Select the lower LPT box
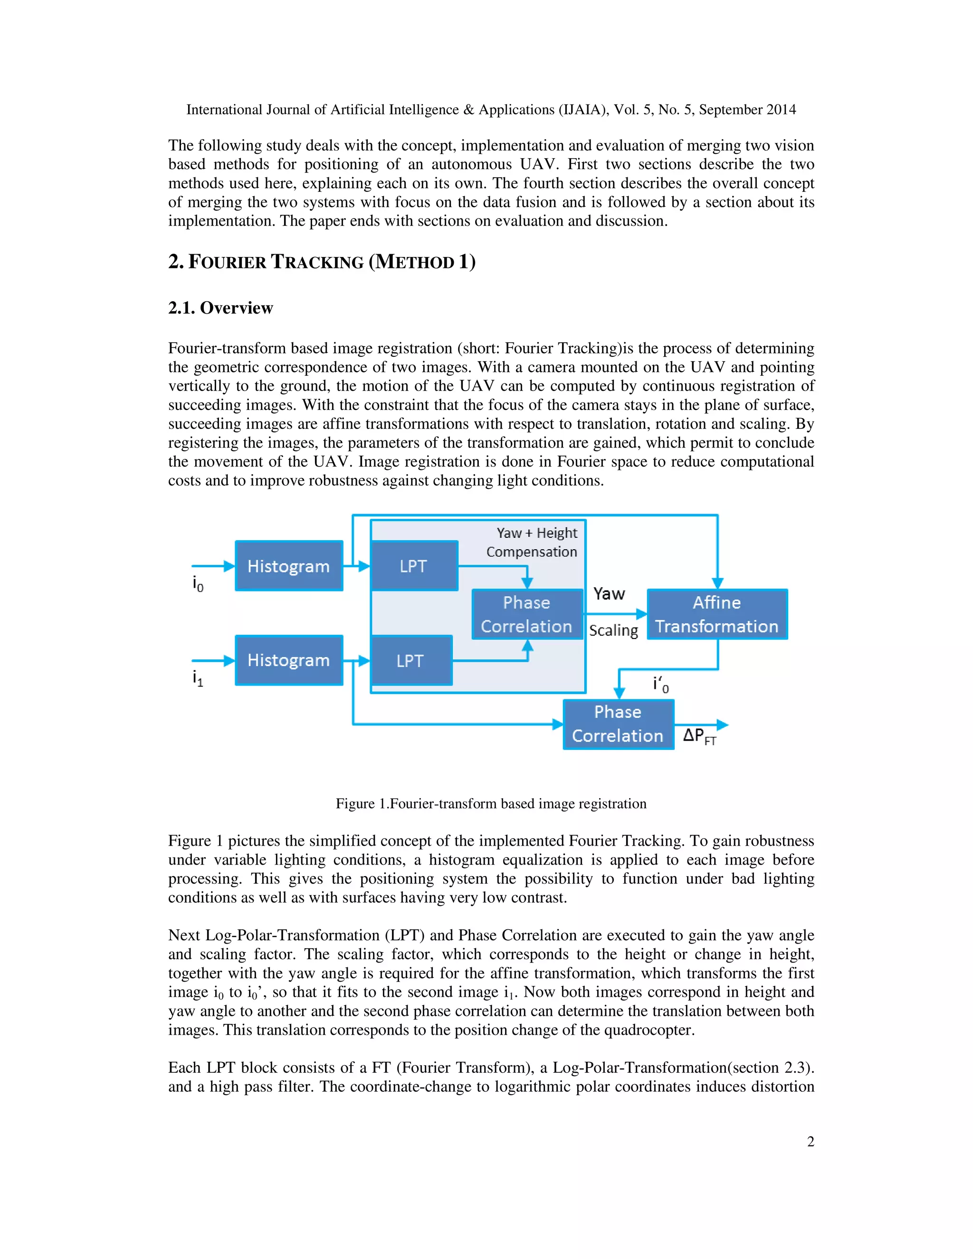click(411, 661)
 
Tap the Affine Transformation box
click(717, 614)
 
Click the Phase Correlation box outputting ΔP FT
click(618, 724)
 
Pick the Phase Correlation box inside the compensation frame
click(527, 614)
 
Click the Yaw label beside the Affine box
click(609, 594)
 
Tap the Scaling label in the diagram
click(613, 630)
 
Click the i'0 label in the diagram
click(660, 685)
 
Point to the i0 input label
click(198, 584)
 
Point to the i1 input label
click(198, 678)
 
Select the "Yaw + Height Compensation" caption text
click(532, 543)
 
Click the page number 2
click(811, 1141)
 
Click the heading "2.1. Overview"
click(221, 308)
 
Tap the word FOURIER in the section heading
click(228, 262)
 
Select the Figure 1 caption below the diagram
click(491, 803)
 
